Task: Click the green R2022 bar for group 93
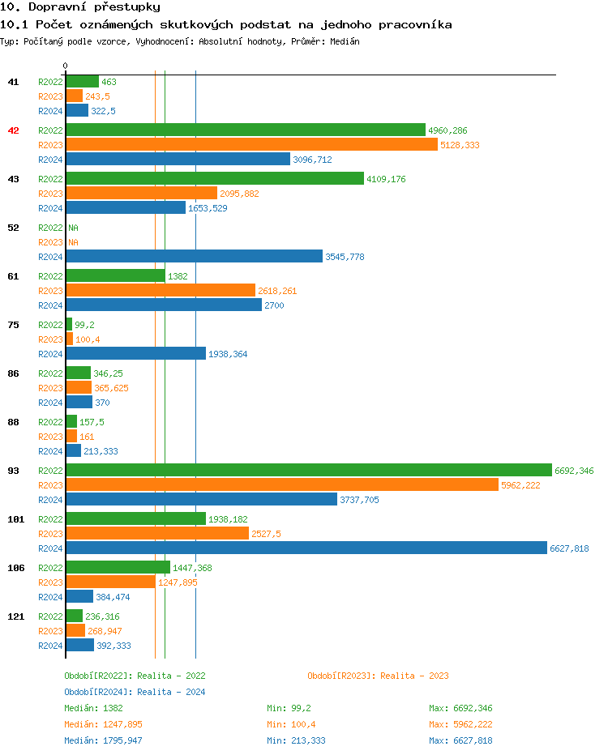[x=308, y=470]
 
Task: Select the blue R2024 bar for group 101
[x=306, y=548]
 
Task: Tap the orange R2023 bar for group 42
[x=251, y=144]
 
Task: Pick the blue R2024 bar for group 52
[x=194, y=256]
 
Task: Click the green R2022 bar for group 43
[x=214, y=178]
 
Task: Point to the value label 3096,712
[x=312, y=160]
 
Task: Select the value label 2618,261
[x=277, y=291]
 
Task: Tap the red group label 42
[x=13, y=130]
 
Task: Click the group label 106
[x=15, y=568]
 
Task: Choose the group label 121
[x=15, y=616]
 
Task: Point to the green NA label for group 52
[x=73, y=228]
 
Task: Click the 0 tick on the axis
[x=66, y=66]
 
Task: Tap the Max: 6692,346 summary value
[x=460, y=708]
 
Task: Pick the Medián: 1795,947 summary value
[x=103, y=740]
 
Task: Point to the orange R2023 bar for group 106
[x=110, y=582]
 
